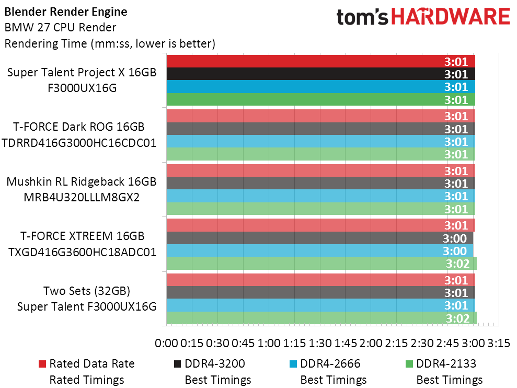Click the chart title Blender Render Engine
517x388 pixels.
pyautogui.click(x=65, y=11)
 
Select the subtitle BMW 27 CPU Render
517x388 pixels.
pyautogui.click(x=60, y=27)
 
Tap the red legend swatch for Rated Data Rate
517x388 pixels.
pyautogui.click(x=42, y=363)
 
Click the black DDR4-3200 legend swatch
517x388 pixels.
pyautogui.click(x=178, y=363)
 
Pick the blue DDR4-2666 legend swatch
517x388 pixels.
pyautogui.click(x=293, y=363)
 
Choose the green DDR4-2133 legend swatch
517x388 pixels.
pyautogui.click(x=409, y=363)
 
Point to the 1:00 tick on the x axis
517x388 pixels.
pyautogui.click(x=269, y=344)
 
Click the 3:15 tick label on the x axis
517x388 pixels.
pyautogui.click(x=499, y=344)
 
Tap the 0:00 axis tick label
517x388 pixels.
pyautogui.click(x=167, y=344)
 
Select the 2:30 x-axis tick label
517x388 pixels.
pyautogui.click(x=422, y=344)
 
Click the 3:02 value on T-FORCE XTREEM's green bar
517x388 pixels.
pyautogui.click(x=457, y=264)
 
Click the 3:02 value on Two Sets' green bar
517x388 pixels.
pyautogui.click(x=457, y=318)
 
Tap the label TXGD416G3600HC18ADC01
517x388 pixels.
pyautogui.click(x=82, y=252)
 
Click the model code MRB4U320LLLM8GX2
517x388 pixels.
pyautogui.click(x=81, y=197)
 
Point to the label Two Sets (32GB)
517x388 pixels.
pyautogui.click(x=86, y=291)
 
